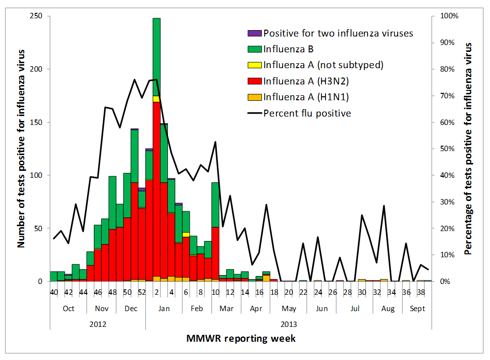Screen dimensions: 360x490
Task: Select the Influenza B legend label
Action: pos(289,49)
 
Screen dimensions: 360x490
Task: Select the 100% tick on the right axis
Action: pos(449,16)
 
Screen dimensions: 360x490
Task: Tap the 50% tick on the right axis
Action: pos(448,149)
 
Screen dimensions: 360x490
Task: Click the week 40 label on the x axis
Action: pos(54,292)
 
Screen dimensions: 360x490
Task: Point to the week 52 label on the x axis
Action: pos(141,292)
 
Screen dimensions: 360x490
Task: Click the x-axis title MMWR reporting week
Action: pos(241,339)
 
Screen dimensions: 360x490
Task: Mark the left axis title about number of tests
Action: pos(22,148)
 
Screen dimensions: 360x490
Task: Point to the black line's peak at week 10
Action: pos(215,142)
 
